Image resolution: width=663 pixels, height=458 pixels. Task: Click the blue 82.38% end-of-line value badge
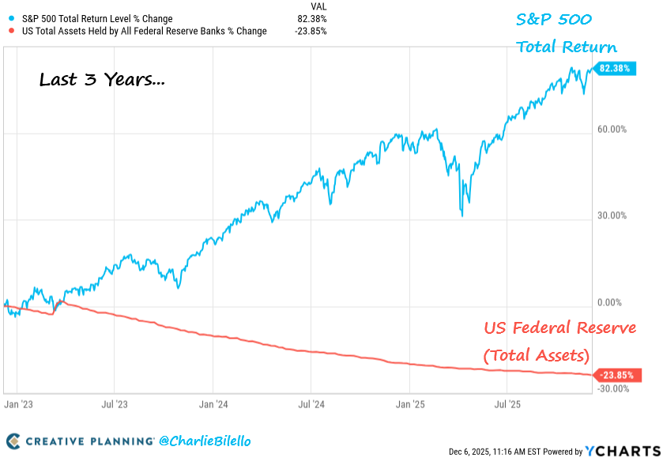614,69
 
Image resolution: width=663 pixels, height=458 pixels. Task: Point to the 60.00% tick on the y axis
613,129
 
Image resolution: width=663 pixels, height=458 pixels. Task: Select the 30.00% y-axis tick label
613,215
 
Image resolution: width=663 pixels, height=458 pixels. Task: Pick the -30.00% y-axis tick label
612,388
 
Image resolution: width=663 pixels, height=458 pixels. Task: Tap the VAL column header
318,6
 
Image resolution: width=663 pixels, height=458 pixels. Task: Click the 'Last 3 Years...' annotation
102,80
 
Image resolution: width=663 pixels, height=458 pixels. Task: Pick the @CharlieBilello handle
205,440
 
